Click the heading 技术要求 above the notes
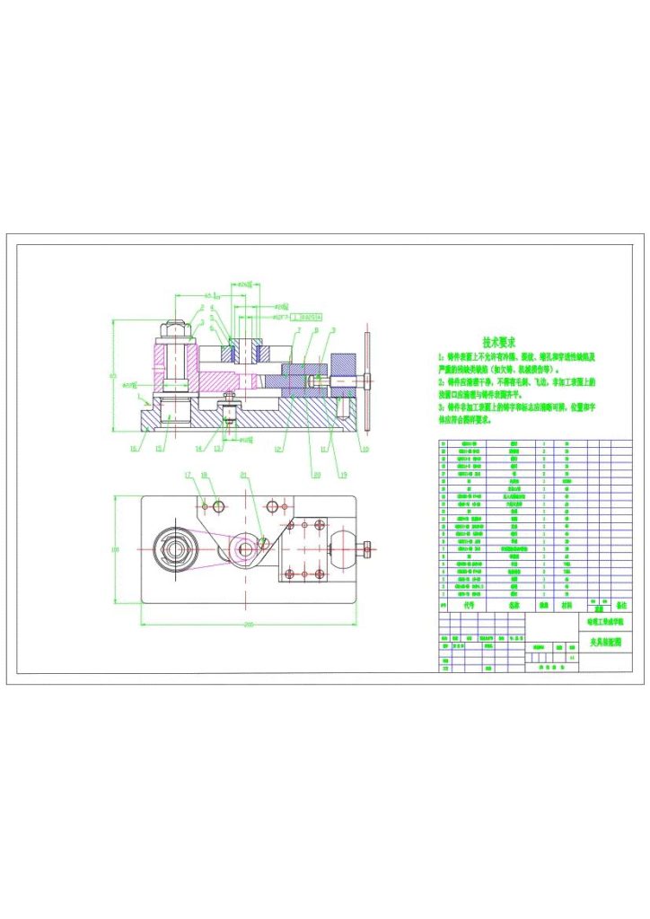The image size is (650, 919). click(x=498, y=342)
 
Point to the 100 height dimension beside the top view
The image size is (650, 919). click(x=115, y=548)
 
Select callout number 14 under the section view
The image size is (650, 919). click(x=198, y=448)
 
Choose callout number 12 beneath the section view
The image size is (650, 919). click(x=278, y=449)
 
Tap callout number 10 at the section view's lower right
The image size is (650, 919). click(x=365, y=448)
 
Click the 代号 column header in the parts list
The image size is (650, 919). click(x=468, y=606)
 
